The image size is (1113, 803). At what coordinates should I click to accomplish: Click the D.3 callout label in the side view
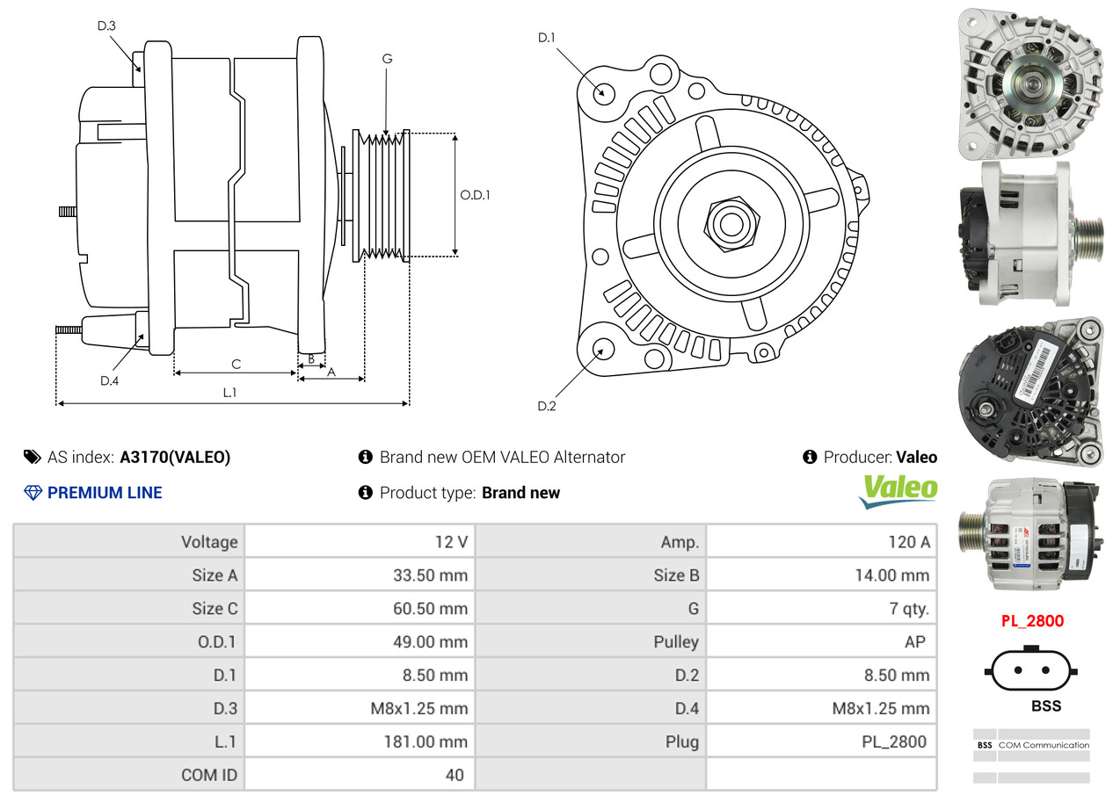[x=106, y=26]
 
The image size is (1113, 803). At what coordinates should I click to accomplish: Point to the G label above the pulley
[x=387, y=59]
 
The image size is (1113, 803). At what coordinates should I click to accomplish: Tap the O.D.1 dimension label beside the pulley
[x=475, y=195]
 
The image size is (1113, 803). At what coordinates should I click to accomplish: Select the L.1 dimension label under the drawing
[x=229, y=393]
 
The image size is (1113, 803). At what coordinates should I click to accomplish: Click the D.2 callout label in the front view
[x=547, y=406]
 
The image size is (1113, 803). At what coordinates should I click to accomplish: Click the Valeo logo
[x=898, y=490]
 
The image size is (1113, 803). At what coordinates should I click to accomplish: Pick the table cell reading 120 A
[x=908, y=542]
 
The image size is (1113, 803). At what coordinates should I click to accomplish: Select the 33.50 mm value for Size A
[x=430, y=575]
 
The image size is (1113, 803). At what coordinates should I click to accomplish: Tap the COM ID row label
[x=209, y=775]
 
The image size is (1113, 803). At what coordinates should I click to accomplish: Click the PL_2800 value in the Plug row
[x=893, y=742]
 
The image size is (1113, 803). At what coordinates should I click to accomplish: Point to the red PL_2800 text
[x=1032, y=621]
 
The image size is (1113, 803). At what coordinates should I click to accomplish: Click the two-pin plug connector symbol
[x=1032, y=669]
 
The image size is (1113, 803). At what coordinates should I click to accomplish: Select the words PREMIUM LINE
[x=105, y=493]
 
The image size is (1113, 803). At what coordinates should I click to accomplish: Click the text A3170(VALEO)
[x=175, y=457]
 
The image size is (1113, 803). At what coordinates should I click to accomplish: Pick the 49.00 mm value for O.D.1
[x=430, y=641]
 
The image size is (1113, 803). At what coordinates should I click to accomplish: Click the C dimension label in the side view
[x=236, y=363]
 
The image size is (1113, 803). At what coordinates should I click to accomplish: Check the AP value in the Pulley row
[x=914, y=641]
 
